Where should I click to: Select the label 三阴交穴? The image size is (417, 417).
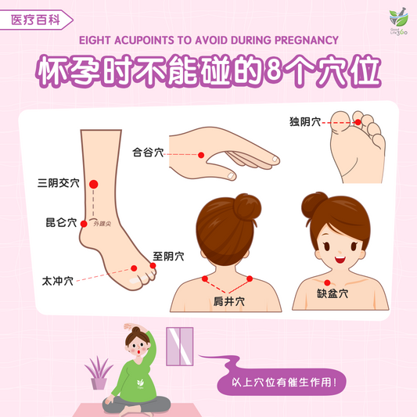(59, 184)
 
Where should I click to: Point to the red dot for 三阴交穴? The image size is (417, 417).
(94, 184)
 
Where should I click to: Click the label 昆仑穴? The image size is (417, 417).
(61, 223)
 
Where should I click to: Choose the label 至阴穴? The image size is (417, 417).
(168, 256)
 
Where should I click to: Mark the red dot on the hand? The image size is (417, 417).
(201, 155)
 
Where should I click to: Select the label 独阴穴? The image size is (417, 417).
(305, 122)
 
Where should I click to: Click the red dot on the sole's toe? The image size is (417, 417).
(358, 122)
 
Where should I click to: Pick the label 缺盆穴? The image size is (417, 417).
(333, 295)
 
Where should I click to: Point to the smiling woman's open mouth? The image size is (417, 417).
(340, 257)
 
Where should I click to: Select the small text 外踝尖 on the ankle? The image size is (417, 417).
(102, 224)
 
